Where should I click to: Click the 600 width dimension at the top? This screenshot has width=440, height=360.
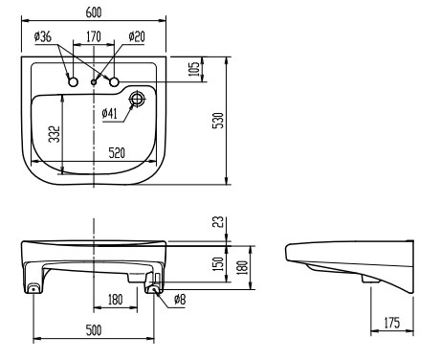point(94,12)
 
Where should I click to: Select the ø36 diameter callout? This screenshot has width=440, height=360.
point(43,36)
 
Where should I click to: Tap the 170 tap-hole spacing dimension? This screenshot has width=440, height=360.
point(94,36)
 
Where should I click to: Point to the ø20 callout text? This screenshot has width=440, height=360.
point(137,36)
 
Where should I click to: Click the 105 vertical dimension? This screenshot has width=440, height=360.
point(193,69)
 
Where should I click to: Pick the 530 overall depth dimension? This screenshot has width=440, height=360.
point(218,121)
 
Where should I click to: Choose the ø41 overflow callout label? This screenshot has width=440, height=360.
point(110,113)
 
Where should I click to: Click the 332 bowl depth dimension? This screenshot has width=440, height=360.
point(55,134)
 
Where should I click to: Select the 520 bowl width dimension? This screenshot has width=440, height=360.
point(117,153)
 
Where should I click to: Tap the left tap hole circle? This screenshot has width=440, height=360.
point(74,82)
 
